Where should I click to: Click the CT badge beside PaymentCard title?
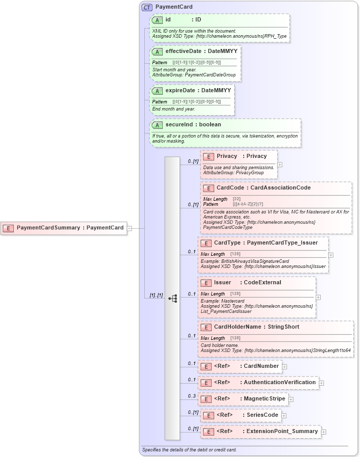(147, 7)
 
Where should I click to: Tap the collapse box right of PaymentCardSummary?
(130, 228)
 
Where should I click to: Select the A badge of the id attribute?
(158, 20)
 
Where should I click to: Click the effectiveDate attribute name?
(185, 51)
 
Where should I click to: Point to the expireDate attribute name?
(182, 91)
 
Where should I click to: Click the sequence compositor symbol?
(172, 299)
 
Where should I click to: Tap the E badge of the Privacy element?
(208, 156)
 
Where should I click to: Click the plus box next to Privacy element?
(279, 165)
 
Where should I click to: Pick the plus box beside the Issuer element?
(318, 297)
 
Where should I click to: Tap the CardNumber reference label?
(261, 366)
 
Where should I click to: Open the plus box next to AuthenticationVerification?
(321, 383)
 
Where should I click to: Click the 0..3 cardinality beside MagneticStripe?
(192, 396)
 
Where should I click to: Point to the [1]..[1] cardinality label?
(156, 295)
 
